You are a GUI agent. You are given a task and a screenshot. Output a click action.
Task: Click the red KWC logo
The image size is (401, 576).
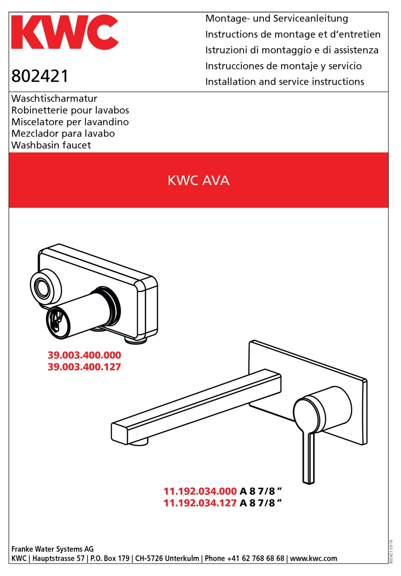tap(65, 33)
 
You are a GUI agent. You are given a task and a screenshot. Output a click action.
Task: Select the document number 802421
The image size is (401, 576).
tap(40, 76)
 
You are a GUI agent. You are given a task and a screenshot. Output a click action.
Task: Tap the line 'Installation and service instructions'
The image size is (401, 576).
tap(284, 82)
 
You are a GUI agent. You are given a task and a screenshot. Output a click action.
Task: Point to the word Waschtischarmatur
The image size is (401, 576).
tap(54, 99)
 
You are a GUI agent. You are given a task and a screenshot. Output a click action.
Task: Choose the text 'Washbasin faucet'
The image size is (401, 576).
tap(51, 145)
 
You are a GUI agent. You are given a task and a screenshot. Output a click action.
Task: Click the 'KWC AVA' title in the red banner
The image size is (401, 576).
tap(198, 181)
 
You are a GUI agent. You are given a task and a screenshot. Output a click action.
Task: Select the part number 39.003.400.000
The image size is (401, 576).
tap(84, 355)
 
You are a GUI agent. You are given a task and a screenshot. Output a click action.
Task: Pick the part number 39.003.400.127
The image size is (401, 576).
tap(84, 367)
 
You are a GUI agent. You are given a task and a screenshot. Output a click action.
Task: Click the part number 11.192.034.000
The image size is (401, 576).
tap(200, 491)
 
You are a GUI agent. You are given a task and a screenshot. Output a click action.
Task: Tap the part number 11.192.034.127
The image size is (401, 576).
tap(200, 503)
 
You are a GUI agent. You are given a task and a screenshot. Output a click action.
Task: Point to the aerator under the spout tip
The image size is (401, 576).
tap(138, 442)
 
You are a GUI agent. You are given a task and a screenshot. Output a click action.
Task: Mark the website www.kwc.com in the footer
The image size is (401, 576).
tap(314, 558)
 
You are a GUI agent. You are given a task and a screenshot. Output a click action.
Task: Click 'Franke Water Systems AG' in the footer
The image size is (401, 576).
tap(52, 549)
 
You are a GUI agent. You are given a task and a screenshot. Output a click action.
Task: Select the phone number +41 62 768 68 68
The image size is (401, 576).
tap(255, 558)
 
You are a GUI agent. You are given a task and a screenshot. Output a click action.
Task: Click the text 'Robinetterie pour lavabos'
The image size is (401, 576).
tap(70, 110)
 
